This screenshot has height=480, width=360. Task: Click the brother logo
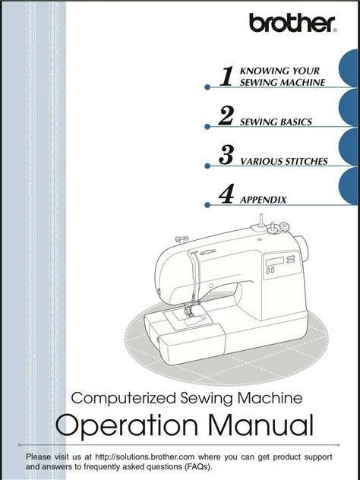coord(293,23)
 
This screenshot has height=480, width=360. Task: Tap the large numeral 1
coord(227,76)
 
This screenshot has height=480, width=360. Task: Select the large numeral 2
coord(226,115)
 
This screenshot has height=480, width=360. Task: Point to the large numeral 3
coord(226,155)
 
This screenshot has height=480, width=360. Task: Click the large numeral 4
coord(226,194)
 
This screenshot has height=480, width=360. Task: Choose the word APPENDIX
coord(263,200)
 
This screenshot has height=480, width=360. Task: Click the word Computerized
coord(124,399)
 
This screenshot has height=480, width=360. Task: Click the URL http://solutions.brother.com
coord(145,457)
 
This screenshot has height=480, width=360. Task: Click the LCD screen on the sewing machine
coord(275,261)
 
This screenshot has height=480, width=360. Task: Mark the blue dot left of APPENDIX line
coord(207,205)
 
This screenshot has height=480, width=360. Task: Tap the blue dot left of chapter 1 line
coord(207,87)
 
